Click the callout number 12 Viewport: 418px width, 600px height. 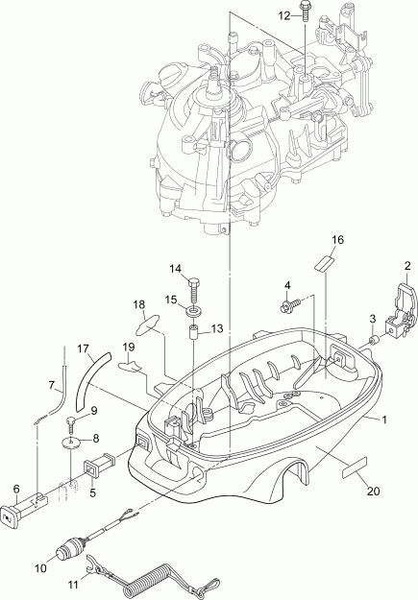click(283, 16)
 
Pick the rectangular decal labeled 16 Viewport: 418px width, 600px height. click(323, 263)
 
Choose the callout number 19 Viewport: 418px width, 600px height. click(127, 348)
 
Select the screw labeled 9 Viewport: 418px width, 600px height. click(71, 424)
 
